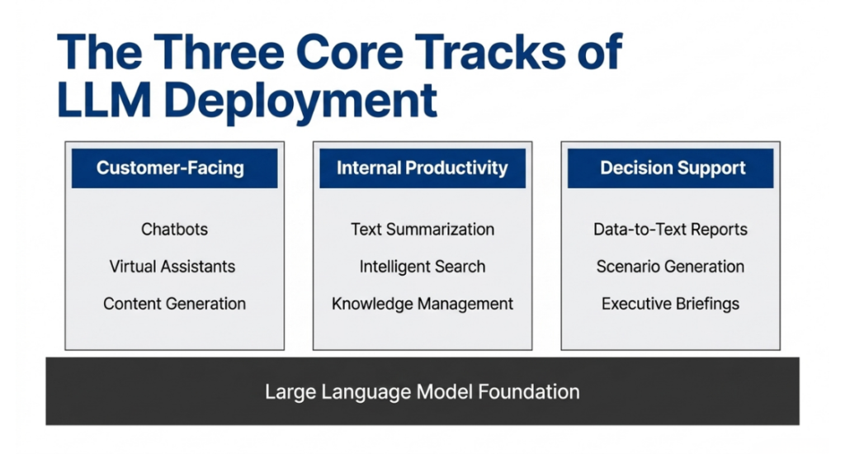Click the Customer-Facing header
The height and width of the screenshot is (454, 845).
tap(170, 168)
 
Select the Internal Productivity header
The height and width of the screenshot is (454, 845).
tap(422, 168)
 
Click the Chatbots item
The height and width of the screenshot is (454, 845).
tap(175, 229)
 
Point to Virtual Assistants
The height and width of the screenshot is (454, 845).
tap(172, 267)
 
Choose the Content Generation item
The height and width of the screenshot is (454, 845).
tap(175, 304)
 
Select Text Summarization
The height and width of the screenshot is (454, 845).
tap(422, 229)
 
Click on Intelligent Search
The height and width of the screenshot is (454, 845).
tap(422, 267)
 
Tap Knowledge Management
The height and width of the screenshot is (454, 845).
tap(422, 304)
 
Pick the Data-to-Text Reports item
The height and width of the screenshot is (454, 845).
tap(670, 229)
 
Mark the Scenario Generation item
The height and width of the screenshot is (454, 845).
tap(670, 267)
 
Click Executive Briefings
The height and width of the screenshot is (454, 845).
tap(670, 304)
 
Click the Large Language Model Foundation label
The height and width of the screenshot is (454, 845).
tap(422, 391)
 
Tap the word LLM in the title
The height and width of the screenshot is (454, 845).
tap(104, 100)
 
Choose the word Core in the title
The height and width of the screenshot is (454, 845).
tap(349, 52)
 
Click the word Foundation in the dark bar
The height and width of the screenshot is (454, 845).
tap(529, 391)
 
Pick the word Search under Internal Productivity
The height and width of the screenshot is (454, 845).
tap(457, 267)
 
